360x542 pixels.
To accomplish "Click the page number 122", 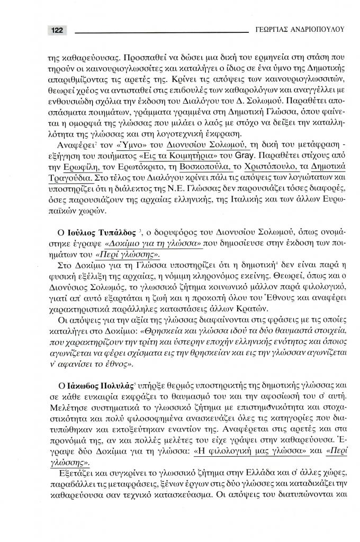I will coord(56,31).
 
